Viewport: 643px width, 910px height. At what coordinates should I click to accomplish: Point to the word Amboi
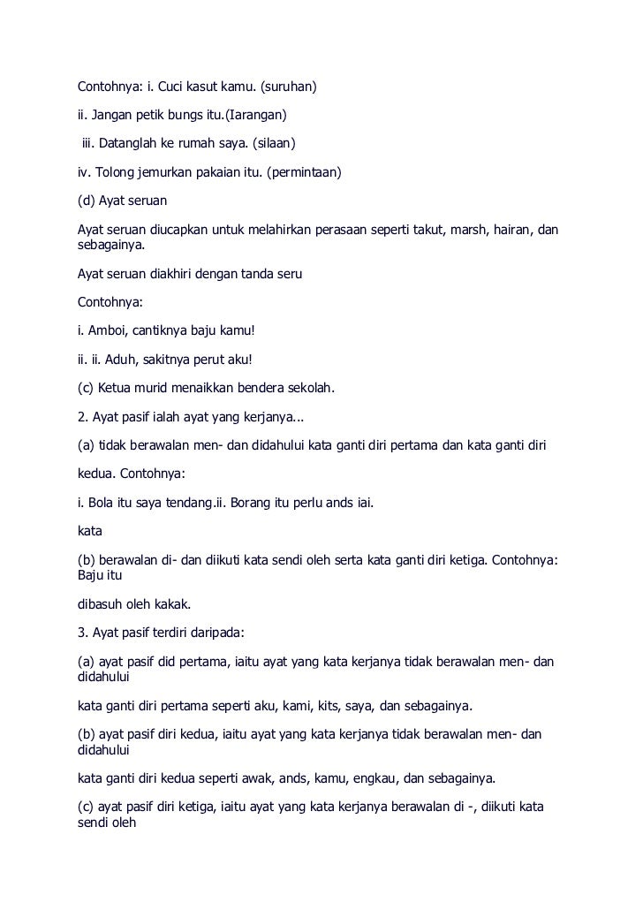pos(108,332)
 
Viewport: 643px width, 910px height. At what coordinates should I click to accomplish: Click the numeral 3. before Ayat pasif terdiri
pos(82,633)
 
